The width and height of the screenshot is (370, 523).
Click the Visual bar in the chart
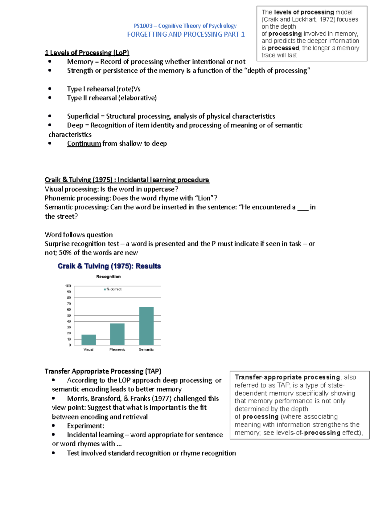pyautogui.click(x=88, y=340)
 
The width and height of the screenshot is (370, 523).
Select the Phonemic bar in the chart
pyautogui.click(x=117, y=334)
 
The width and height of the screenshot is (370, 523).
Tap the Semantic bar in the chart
pyautogui.click(x=146, y=326)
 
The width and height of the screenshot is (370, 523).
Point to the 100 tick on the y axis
pyautogui.click(x=68, y=286)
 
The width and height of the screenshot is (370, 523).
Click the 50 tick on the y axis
pyautogui.click(x=69, y=315)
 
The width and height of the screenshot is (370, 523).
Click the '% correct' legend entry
pyautogui.click(x=113, y=289)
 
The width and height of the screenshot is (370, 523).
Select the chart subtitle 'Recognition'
pyautogui.click(x=108, y=277)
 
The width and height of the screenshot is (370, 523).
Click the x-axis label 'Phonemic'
pyautogui.click(x=117, y=350)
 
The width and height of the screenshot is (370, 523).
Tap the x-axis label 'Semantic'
pyautogui.click(x=146, y=350)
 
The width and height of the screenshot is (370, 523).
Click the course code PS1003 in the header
pyautogui.click(x=143, y=26)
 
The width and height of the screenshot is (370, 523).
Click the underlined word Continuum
pyautogui.click(x=84, y=144)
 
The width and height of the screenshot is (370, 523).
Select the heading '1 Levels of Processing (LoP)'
pyautogui.click(x=87, y=53)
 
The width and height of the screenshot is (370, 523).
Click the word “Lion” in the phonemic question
pyautogui.click(x=204, y=198)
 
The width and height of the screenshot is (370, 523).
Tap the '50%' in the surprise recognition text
pyautogui.click(x=65, y=253)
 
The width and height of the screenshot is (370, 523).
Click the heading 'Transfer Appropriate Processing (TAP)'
pyautogui.click(x=103, y=371)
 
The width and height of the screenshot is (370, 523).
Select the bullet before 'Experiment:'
pyautogui.click(x=54, y=426)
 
